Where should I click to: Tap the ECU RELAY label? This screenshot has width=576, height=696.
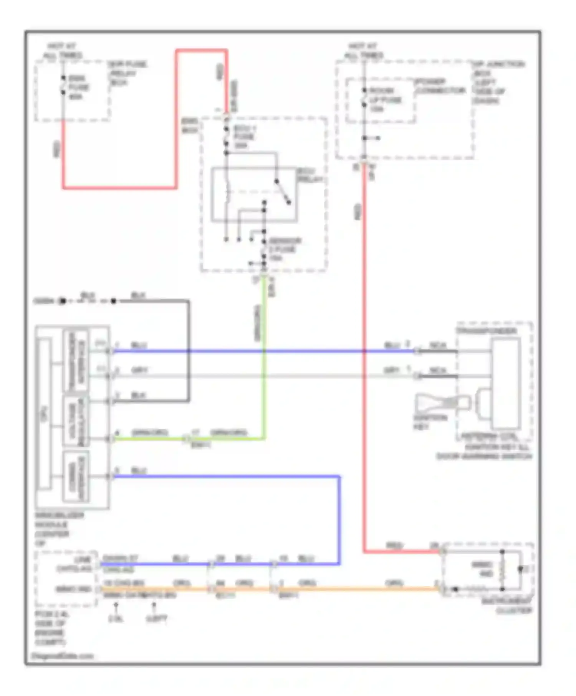click(310, 175)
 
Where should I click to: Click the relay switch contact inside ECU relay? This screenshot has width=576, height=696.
click(282, 191)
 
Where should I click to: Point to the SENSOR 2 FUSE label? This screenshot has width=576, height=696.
click(285, 249)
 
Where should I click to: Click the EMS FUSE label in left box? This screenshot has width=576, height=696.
click(79, 87)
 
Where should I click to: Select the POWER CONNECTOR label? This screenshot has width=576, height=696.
click(440, 86)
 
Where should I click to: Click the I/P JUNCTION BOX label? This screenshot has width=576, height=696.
click(497, 82)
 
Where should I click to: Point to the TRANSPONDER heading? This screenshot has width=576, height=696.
click(486, 330)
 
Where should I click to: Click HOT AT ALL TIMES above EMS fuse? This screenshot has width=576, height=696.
click(62, 51)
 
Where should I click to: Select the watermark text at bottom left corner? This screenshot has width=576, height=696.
click(62, 656)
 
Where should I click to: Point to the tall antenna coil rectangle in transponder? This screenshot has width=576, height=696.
click(506, 383)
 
